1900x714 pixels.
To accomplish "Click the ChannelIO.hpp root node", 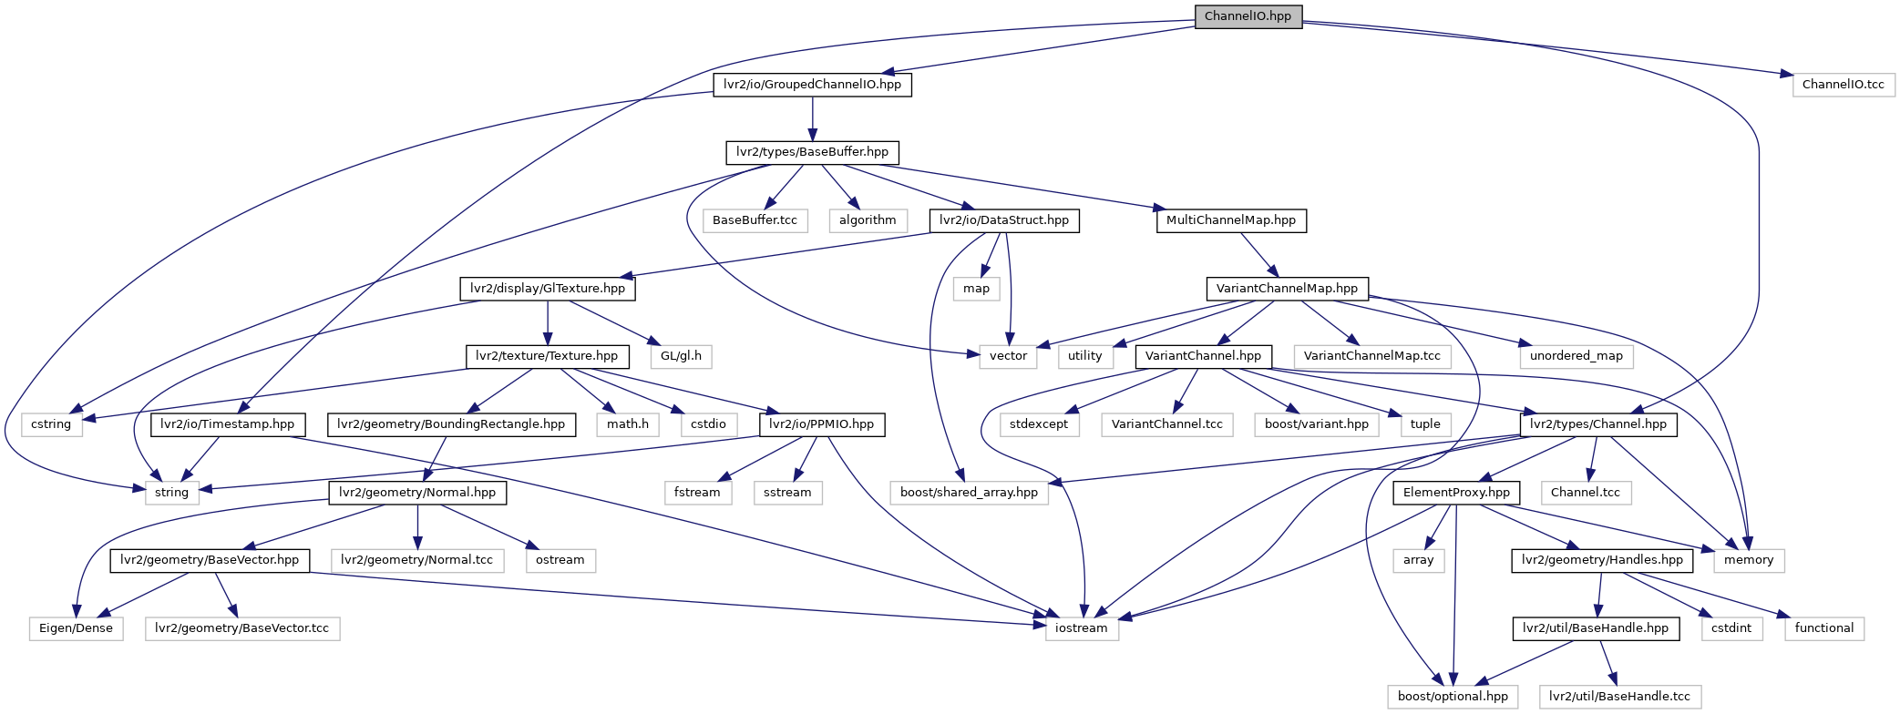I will (1248, 16).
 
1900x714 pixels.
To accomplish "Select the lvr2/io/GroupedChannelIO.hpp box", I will (812, 85).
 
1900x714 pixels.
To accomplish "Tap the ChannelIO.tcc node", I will (1843, 85).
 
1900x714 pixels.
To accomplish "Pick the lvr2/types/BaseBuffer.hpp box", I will (812, 152).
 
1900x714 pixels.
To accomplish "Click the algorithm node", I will (868, 220).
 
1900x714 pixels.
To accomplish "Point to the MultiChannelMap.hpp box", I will (1230, 220).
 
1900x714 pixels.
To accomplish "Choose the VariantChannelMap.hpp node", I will (1287, 289).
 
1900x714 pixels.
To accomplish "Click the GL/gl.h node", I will (681, 356).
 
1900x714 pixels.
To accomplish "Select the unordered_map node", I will (1576, 356).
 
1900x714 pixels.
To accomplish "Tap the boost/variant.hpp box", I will (1316, 424).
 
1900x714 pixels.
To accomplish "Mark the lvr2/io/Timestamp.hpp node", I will (227, 424).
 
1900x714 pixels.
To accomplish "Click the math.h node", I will (628, 424).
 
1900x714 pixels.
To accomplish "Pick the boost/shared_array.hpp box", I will (969, 493).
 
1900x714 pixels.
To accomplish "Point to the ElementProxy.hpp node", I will (1455, 493).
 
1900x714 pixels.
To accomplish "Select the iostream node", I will (1081, 628).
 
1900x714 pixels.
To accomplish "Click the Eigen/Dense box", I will (76, 628).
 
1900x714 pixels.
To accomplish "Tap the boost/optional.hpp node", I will (1453, 697).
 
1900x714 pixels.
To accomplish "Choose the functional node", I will (1823, 628).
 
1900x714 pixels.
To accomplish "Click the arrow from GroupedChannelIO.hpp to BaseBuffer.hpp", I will (812, 118).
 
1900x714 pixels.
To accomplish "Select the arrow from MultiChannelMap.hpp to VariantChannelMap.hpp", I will (1258, 255).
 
